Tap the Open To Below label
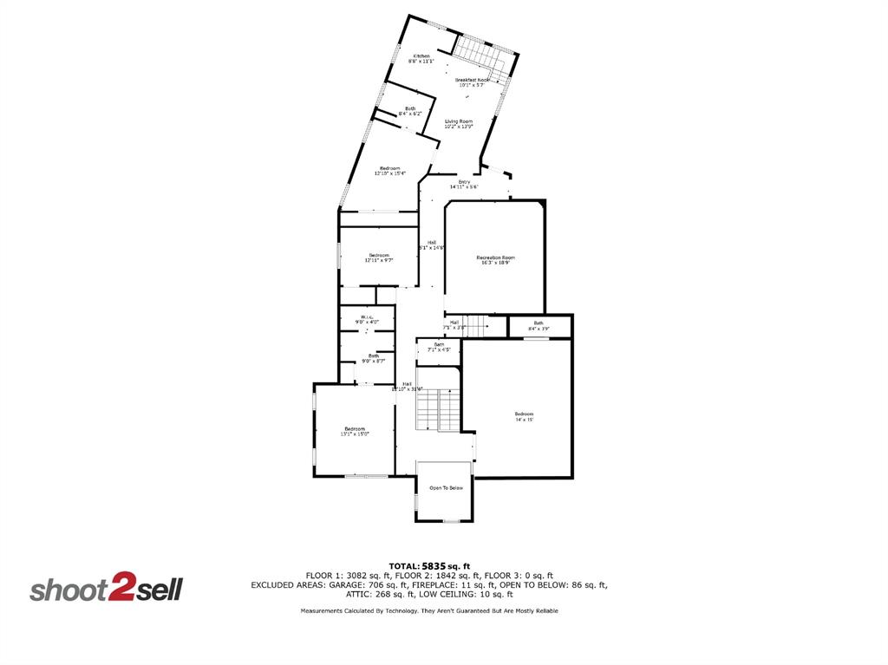446,488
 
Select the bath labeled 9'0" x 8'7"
373,357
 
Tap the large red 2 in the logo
120,590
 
